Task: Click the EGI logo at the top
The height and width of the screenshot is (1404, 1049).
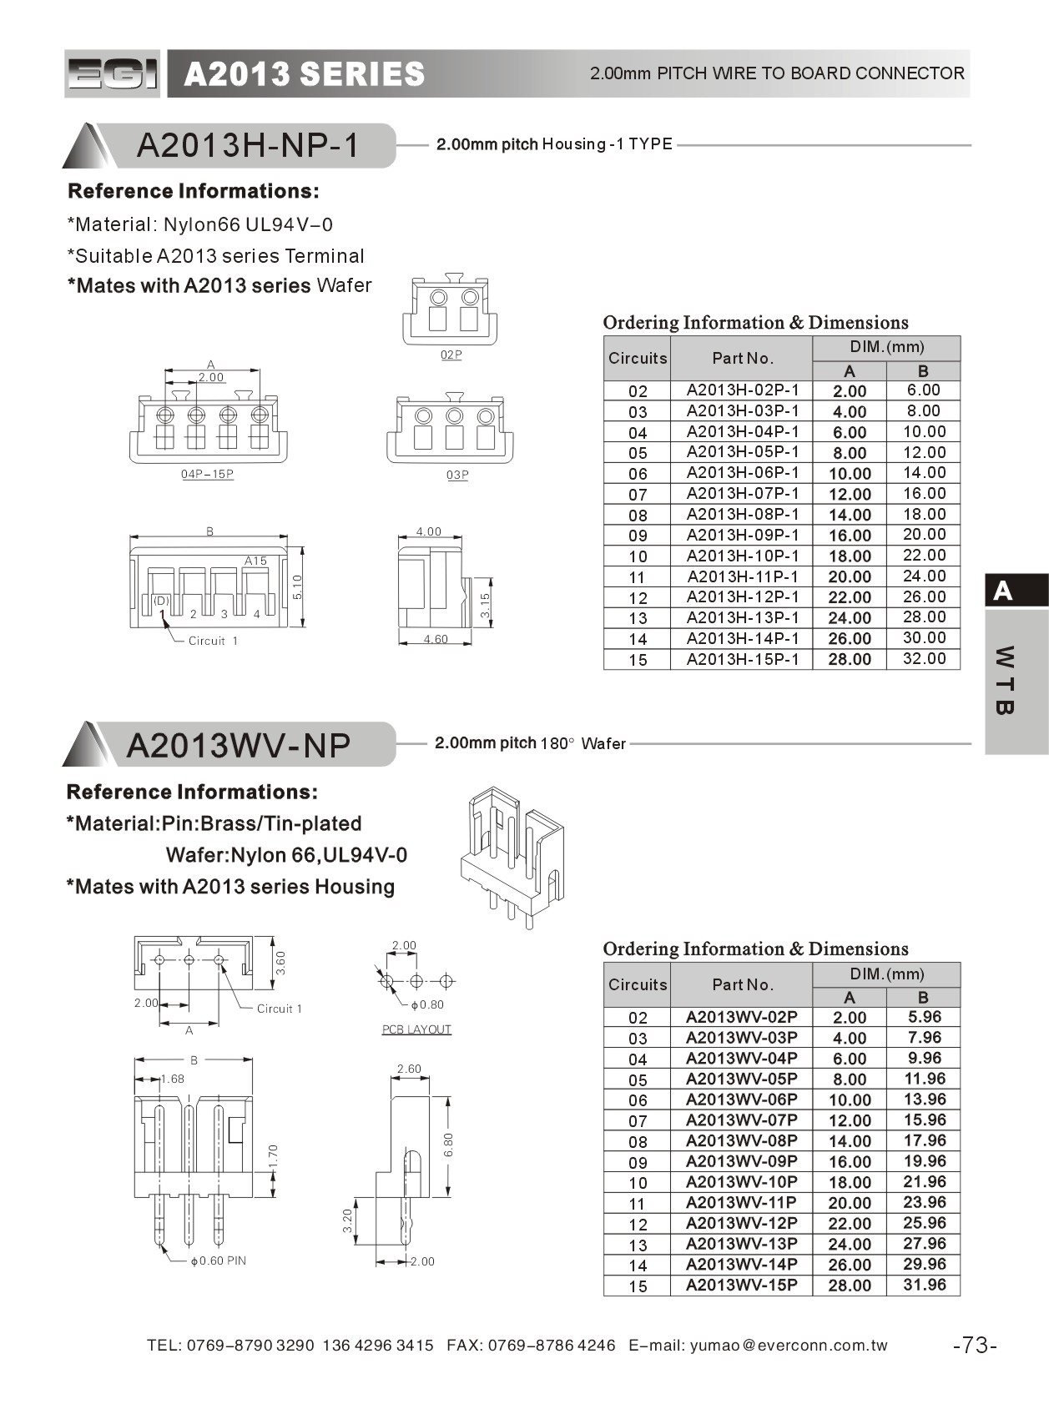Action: click(112, 74)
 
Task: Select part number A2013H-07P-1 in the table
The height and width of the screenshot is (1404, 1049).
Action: click(742, 494)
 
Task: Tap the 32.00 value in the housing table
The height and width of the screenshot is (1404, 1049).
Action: click(924, 659)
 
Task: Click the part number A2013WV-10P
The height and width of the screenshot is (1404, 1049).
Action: click(741, 1182)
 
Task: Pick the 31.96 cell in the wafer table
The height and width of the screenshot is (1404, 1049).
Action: click(924, 1286)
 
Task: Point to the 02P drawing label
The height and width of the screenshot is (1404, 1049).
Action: click(451, 355)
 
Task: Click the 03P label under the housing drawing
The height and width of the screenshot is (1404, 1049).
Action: click(457, 476)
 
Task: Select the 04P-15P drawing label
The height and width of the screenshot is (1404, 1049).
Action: click(207, 475)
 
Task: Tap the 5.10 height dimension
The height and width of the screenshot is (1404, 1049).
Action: click(298, 587)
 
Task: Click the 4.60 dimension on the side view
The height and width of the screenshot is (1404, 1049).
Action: click(436, 640)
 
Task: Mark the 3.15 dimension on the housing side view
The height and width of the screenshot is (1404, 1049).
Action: click(486, 604)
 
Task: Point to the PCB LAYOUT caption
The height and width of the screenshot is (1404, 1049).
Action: click(416, 1029)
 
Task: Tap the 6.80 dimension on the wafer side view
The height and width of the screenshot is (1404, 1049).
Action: click(449, 1144)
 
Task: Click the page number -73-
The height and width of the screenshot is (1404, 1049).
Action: click(975, 1346)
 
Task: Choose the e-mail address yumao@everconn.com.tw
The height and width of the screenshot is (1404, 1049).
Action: click(789, 1346)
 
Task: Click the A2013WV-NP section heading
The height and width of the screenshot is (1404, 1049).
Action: click(239, 745)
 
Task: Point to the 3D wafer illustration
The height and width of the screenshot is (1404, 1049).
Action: click(511, 855)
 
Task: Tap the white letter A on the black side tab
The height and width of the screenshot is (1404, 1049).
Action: click(1003, 591)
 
